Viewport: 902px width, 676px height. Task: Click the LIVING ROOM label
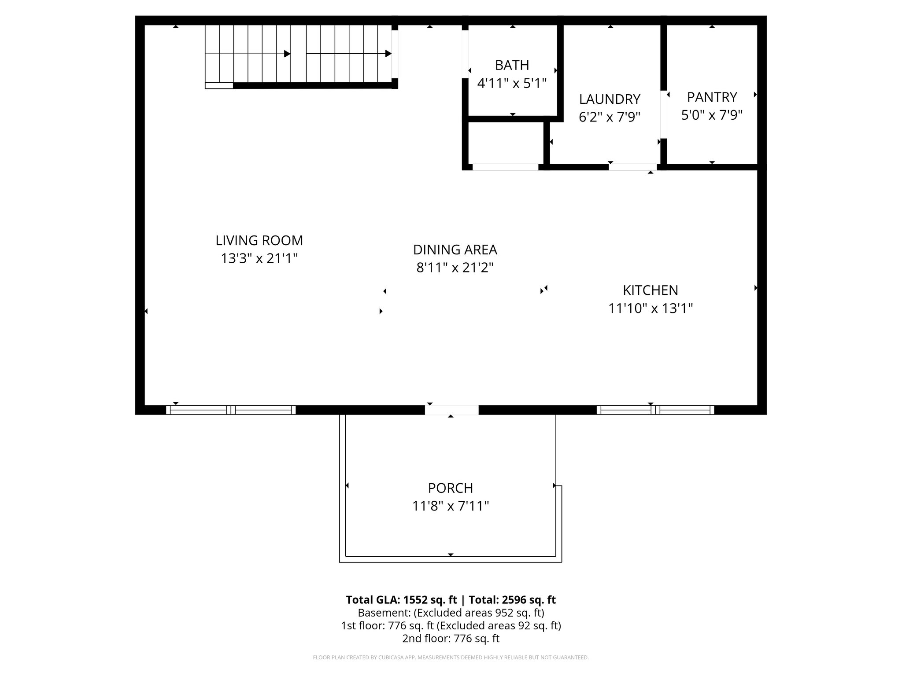click(x=259, y=240)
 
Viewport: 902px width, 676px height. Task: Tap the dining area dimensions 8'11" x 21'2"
click(x=455, y=268)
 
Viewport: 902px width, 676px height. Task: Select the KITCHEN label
click(x=650, y=290)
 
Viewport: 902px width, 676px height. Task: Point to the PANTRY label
click(x=712, y=97)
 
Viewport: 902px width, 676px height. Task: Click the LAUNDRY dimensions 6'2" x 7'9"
click(x=609, y=117)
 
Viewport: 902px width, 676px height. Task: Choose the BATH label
click(x=512, y=65)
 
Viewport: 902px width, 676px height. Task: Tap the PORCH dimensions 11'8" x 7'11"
click(x=450, y=506)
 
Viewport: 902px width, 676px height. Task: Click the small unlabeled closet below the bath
click(x=505, y=143)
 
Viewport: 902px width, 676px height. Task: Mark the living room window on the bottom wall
click(x=231, y=410)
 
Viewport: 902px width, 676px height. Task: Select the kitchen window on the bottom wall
click(x=655, y=410)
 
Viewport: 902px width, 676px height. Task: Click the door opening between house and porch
click(x=451, y=410)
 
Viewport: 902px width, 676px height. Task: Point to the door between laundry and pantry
click(x=663, y=114)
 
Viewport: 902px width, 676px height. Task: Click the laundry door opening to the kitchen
click(x=632, y=167)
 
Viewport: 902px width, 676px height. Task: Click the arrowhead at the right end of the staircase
click(x=388, y=54)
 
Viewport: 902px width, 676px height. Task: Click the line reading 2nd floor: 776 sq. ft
click(x=451, y=638)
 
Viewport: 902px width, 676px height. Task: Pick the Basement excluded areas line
click(x=451, y=613)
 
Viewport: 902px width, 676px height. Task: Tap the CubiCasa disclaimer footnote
click(x=451, y=658)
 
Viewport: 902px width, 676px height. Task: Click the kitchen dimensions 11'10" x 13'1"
click(x=650, y=309)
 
